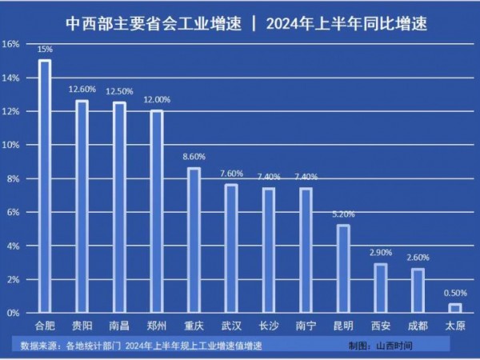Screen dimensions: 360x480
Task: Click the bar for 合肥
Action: tap(45, 186)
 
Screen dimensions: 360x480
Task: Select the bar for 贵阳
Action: tap(82, 206)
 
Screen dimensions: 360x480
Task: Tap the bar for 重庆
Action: tap(194, 240)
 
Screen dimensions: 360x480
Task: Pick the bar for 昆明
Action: tap(342, 269)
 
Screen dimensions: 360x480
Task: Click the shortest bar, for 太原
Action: tap(454, 308)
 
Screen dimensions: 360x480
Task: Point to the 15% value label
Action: tap(45, 50)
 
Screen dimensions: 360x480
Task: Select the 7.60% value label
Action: tap(231, 174)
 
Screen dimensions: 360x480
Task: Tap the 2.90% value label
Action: tap(380, 253)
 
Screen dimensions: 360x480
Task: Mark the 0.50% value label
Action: tap(454, 293)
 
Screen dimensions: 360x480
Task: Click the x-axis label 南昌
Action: tap(119, 326)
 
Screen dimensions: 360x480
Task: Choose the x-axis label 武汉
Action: tap(231, 326)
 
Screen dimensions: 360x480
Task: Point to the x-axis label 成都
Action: tap(418, 326)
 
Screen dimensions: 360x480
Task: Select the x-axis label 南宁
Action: tap(306, 326)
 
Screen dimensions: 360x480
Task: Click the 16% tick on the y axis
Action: tap(10, 44)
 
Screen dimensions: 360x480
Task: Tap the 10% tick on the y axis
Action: tap(10, 145)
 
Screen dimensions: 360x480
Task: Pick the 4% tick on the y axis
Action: tap(12, 246)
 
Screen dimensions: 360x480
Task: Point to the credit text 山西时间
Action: tap(393, 346)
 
